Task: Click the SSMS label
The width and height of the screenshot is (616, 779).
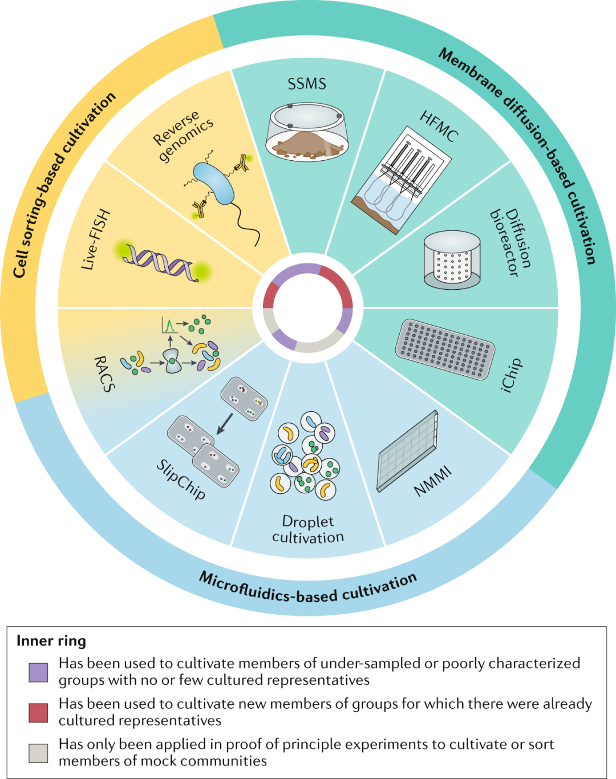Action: [x=307, y=84]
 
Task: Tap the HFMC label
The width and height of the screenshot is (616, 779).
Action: [x=439, y=127]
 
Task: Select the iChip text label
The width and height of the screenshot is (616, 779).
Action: [x=512, y=375]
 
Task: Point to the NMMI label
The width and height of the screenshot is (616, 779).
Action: [x=433, y=481]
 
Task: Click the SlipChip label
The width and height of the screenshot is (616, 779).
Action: [x=181, y=480]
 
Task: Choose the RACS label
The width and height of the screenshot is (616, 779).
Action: [x=104, y=374]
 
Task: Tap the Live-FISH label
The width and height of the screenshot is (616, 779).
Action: [x=95, y=240]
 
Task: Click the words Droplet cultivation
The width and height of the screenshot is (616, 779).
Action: [x=308, y=529]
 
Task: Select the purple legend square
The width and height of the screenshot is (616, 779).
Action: [x=38, y=672]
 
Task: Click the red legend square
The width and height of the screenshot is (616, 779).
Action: [x=38, y=713]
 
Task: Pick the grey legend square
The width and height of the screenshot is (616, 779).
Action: [x=38, y=753]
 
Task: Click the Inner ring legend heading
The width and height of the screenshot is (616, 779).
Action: [x=51, y=641]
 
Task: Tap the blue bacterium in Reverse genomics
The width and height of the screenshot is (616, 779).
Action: [x=214, y=183]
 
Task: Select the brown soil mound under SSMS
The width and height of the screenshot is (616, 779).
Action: [x=307, y=145]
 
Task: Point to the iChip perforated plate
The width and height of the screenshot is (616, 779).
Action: [x=445, y=349]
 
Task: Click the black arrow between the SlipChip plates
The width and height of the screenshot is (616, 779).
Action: [x=225, y=424]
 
